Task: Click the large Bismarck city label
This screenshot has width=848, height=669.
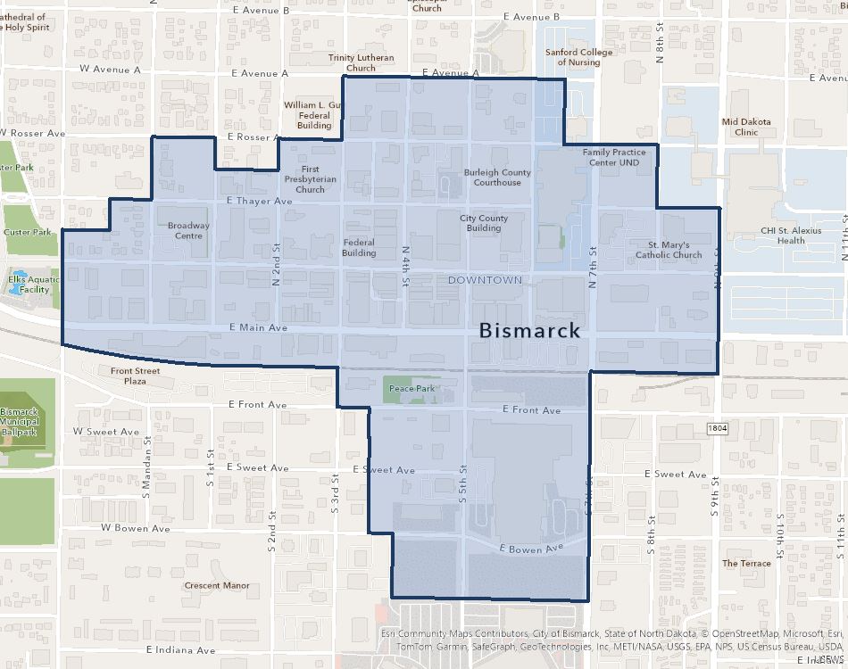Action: point(530,330)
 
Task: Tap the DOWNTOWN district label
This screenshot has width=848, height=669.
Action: point(485,280)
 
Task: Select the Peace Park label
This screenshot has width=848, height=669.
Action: point(412,389)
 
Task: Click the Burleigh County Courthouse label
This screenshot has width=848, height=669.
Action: point(497,178)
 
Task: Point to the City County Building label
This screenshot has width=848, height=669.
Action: point(484,223)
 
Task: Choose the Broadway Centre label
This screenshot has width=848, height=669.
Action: point(189,230)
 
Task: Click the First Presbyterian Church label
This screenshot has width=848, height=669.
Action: point(310,179)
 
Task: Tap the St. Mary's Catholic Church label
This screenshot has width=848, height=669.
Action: point(669,250)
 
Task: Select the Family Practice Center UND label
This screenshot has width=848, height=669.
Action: point(614,157)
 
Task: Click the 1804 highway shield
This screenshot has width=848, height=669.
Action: point(718,429)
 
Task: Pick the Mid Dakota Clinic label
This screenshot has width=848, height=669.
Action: point(746,127)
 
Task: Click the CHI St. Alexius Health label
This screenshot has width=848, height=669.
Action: point(790,235)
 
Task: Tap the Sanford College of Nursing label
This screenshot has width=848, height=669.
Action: point(578,57)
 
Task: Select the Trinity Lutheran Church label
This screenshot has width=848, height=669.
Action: point(361,62)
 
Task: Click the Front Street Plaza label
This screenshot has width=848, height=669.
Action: point(136,376)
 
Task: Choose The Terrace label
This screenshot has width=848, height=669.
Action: point(746,564)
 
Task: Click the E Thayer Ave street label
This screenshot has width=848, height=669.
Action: point(259,202)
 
